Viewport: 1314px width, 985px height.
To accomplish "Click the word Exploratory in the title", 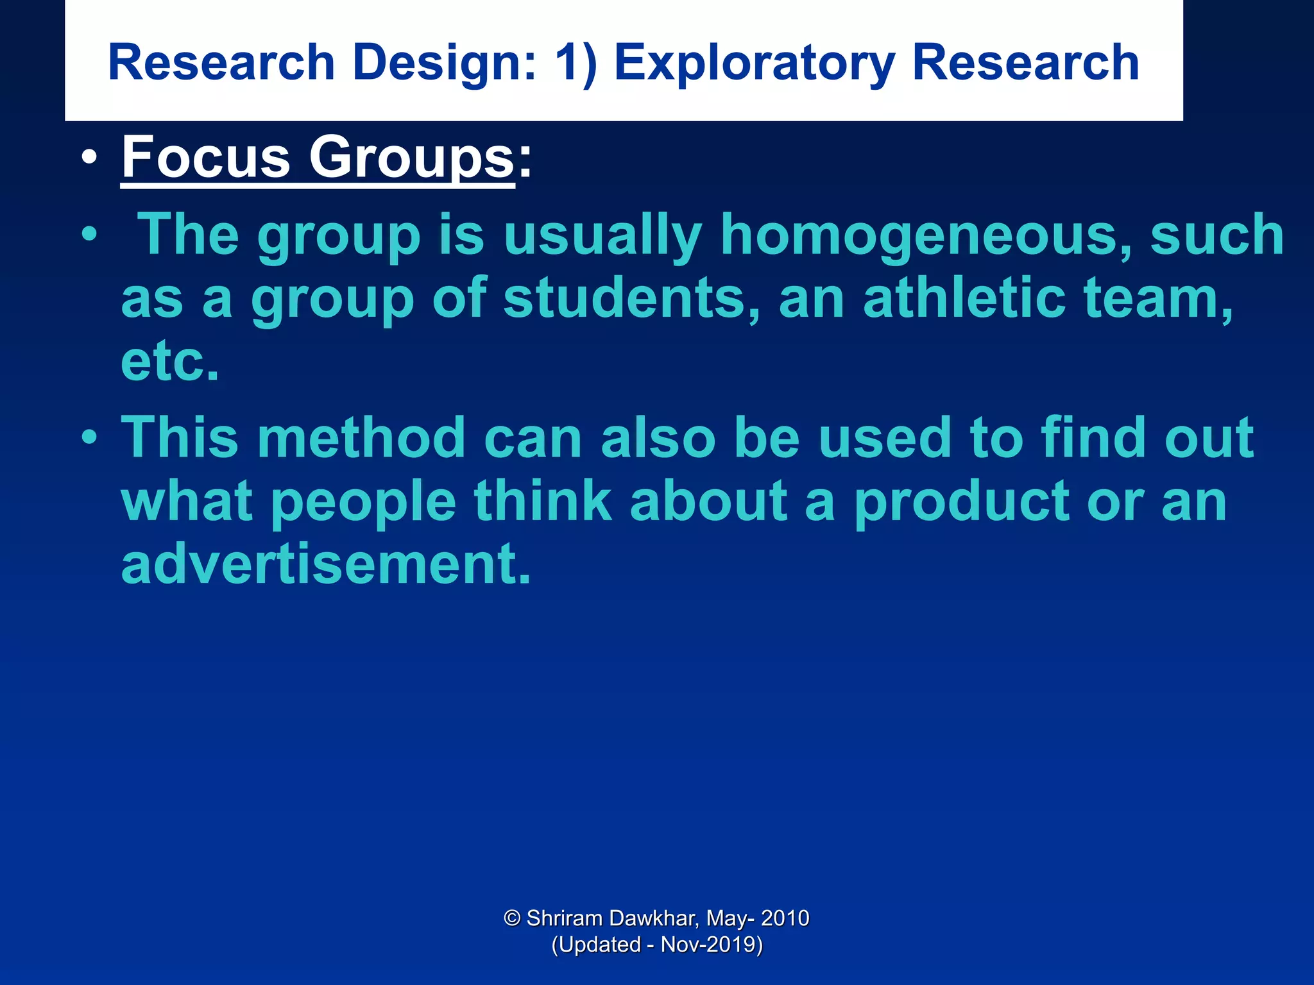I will [754, 63].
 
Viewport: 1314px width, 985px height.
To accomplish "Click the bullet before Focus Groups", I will [90, 158].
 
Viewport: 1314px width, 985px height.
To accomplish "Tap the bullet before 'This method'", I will [90, 438].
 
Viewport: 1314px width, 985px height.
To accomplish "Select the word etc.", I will [170, 361].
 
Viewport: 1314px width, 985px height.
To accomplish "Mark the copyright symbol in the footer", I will [511, 918].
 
